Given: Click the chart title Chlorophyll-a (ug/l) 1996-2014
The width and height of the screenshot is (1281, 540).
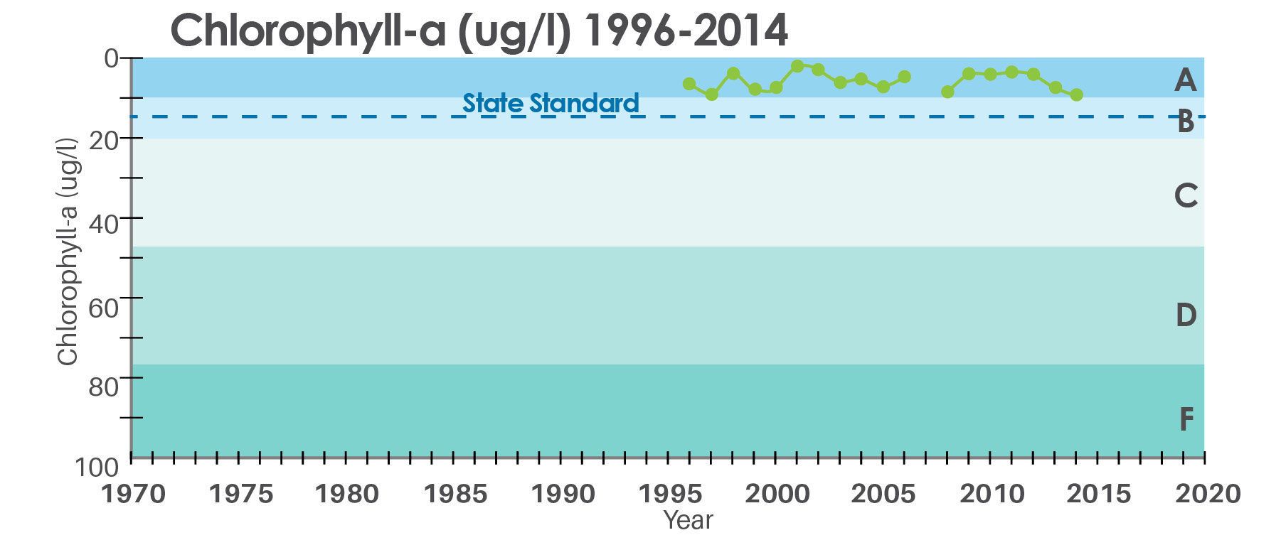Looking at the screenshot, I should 479,31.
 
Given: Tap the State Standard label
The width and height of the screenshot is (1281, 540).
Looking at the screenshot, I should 551,104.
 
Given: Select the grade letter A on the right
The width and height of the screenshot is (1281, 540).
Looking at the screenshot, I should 1185,80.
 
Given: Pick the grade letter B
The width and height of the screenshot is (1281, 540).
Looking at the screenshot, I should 1185,121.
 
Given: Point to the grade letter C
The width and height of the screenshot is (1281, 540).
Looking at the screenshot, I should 1186,195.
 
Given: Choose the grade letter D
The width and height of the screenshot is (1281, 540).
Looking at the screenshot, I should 1186,315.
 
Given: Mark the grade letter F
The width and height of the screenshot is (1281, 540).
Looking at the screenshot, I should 1186,420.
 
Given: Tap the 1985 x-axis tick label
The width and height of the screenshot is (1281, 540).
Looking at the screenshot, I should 455,493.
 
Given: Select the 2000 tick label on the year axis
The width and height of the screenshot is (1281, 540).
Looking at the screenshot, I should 777,493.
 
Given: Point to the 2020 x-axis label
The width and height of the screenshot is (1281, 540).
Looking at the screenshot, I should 1207,493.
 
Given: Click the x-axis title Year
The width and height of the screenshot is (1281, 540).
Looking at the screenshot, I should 688,521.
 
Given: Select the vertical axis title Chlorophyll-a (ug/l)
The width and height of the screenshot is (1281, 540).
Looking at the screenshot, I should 68,252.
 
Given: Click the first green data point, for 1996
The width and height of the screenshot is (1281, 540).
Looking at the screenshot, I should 689,84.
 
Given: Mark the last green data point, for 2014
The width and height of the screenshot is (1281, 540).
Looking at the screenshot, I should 1077,94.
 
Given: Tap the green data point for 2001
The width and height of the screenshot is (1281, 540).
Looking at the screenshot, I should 797,66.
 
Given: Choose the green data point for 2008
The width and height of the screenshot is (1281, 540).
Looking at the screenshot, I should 947,92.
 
